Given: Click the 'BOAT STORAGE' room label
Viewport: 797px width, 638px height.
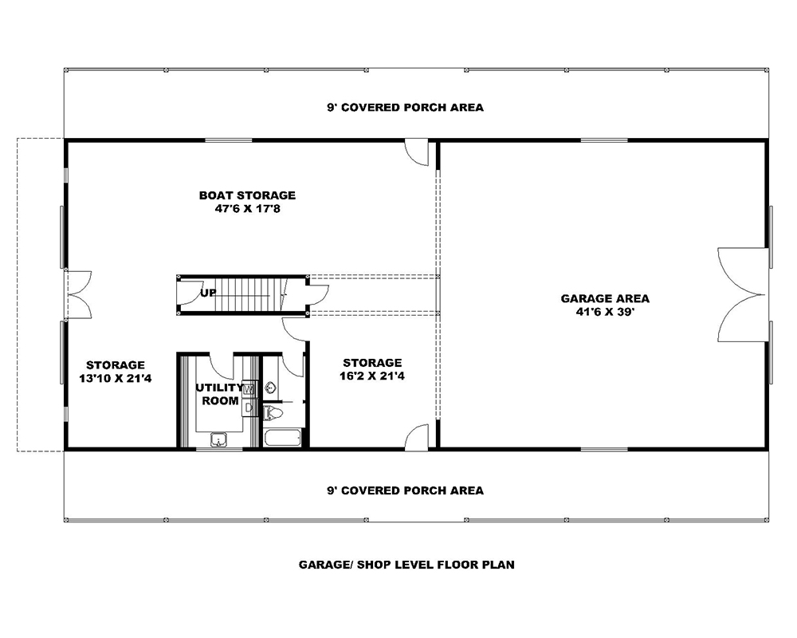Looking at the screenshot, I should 247,195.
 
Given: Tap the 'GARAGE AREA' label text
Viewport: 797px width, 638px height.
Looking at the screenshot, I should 605,299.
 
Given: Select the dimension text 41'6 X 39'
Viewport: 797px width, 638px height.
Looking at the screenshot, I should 605,313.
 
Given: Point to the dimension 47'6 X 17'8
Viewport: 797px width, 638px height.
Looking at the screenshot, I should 247,209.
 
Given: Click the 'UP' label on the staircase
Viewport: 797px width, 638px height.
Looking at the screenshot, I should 209,293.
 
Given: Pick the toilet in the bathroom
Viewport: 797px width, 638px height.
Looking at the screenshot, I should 273,412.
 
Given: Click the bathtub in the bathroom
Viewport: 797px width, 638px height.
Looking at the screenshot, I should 282,438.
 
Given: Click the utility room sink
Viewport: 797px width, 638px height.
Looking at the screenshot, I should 218,439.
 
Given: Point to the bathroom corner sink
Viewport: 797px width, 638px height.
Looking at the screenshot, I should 270,388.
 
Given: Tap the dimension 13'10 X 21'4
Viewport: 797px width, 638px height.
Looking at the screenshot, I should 116,379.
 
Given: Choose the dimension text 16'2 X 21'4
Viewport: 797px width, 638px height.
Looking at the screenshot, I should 371,376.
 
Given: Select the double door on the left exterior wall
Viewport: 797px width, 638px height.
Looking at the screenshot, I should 78,294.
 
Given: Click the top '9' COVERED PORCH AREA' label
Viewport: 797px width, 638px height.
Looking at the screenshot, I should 405,108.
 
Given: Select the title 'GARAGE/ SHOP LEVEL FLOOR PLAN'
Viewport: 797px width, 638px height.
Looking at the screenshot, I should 406,565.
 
